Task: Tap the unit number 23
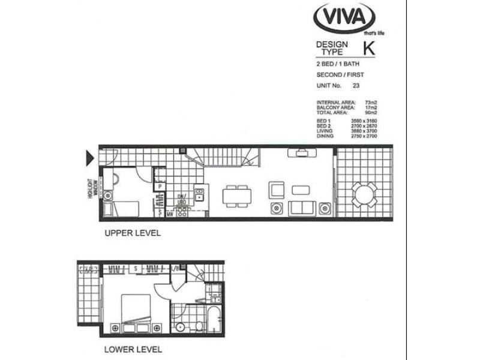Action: pos(356,85)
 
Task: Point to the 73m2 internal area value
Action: pos(370,103)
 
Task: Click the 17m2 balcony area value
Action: pos(370,108)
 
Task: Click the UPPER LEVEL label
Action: pos(133,233)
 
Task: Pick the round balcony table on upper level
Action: pos(364,193)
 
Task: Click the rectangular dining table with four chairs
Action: pos(236,194)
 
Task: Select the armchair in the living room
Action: pos(276,190)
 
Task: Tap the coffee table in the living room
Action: pos(300,190)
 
